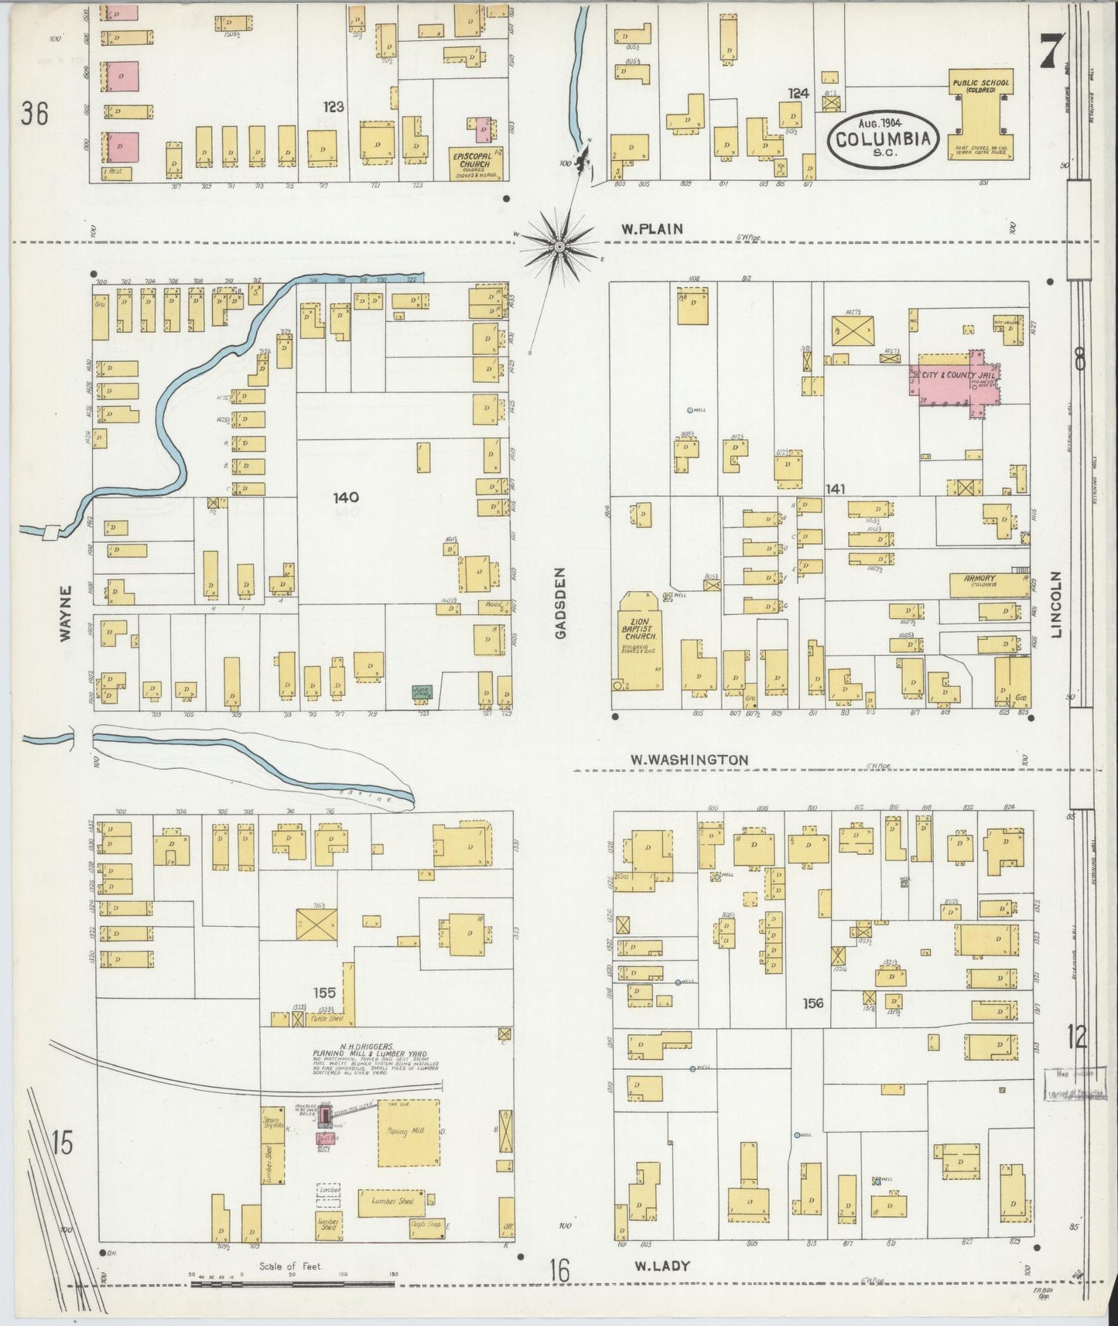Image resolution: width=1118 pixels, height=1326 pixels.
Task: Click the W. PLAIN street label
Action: click(x=651, y=228)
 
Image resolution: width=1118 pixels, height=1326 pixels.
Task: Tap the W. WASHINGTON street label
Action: click(x=686, y=760)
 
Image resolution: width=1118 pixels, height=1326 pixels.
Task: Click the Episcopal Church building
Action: click(x=475, y=163)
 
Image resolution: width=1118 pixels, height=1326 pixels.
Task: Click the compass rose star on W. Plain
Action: click(x=559, y=246)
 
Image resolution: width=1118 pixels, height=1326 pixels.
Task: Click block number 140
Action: click(x=346, y=497)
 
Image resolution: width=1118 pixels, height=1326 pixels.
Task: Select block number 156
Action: click(x=813, y=1003)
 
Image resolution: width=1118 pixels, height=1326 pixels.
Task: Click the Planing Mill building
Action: click(x=409, y=1132)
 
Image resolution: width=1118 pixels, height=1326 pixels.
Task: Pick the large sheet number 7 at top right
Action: click(x=1050, y=53)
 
